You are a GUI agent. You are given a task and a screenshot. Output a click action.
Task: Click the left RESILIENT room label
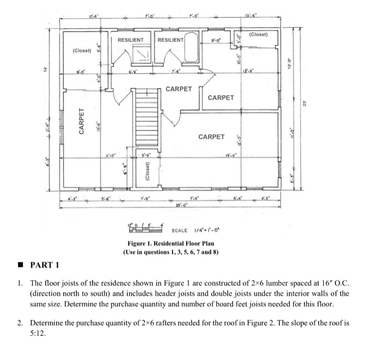130,40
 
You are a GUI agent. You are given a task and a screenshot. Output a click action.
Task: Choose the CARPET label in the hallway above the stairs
179,89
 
